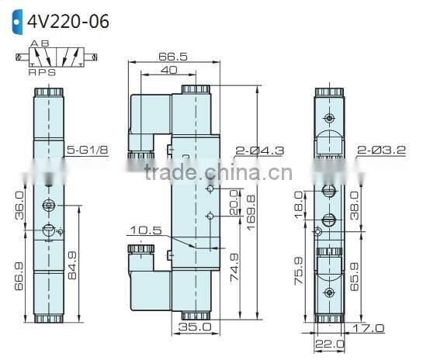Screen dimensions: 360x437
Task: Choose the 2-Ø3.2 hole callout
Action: coord(382,149)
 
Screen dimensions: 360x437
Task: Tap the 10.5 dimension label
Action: coord(146,230)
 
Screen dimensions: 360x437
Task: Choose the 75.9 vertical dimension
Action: coord(300,271)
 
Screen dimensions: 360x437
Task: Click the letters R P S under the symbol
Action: coord(43,72)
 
